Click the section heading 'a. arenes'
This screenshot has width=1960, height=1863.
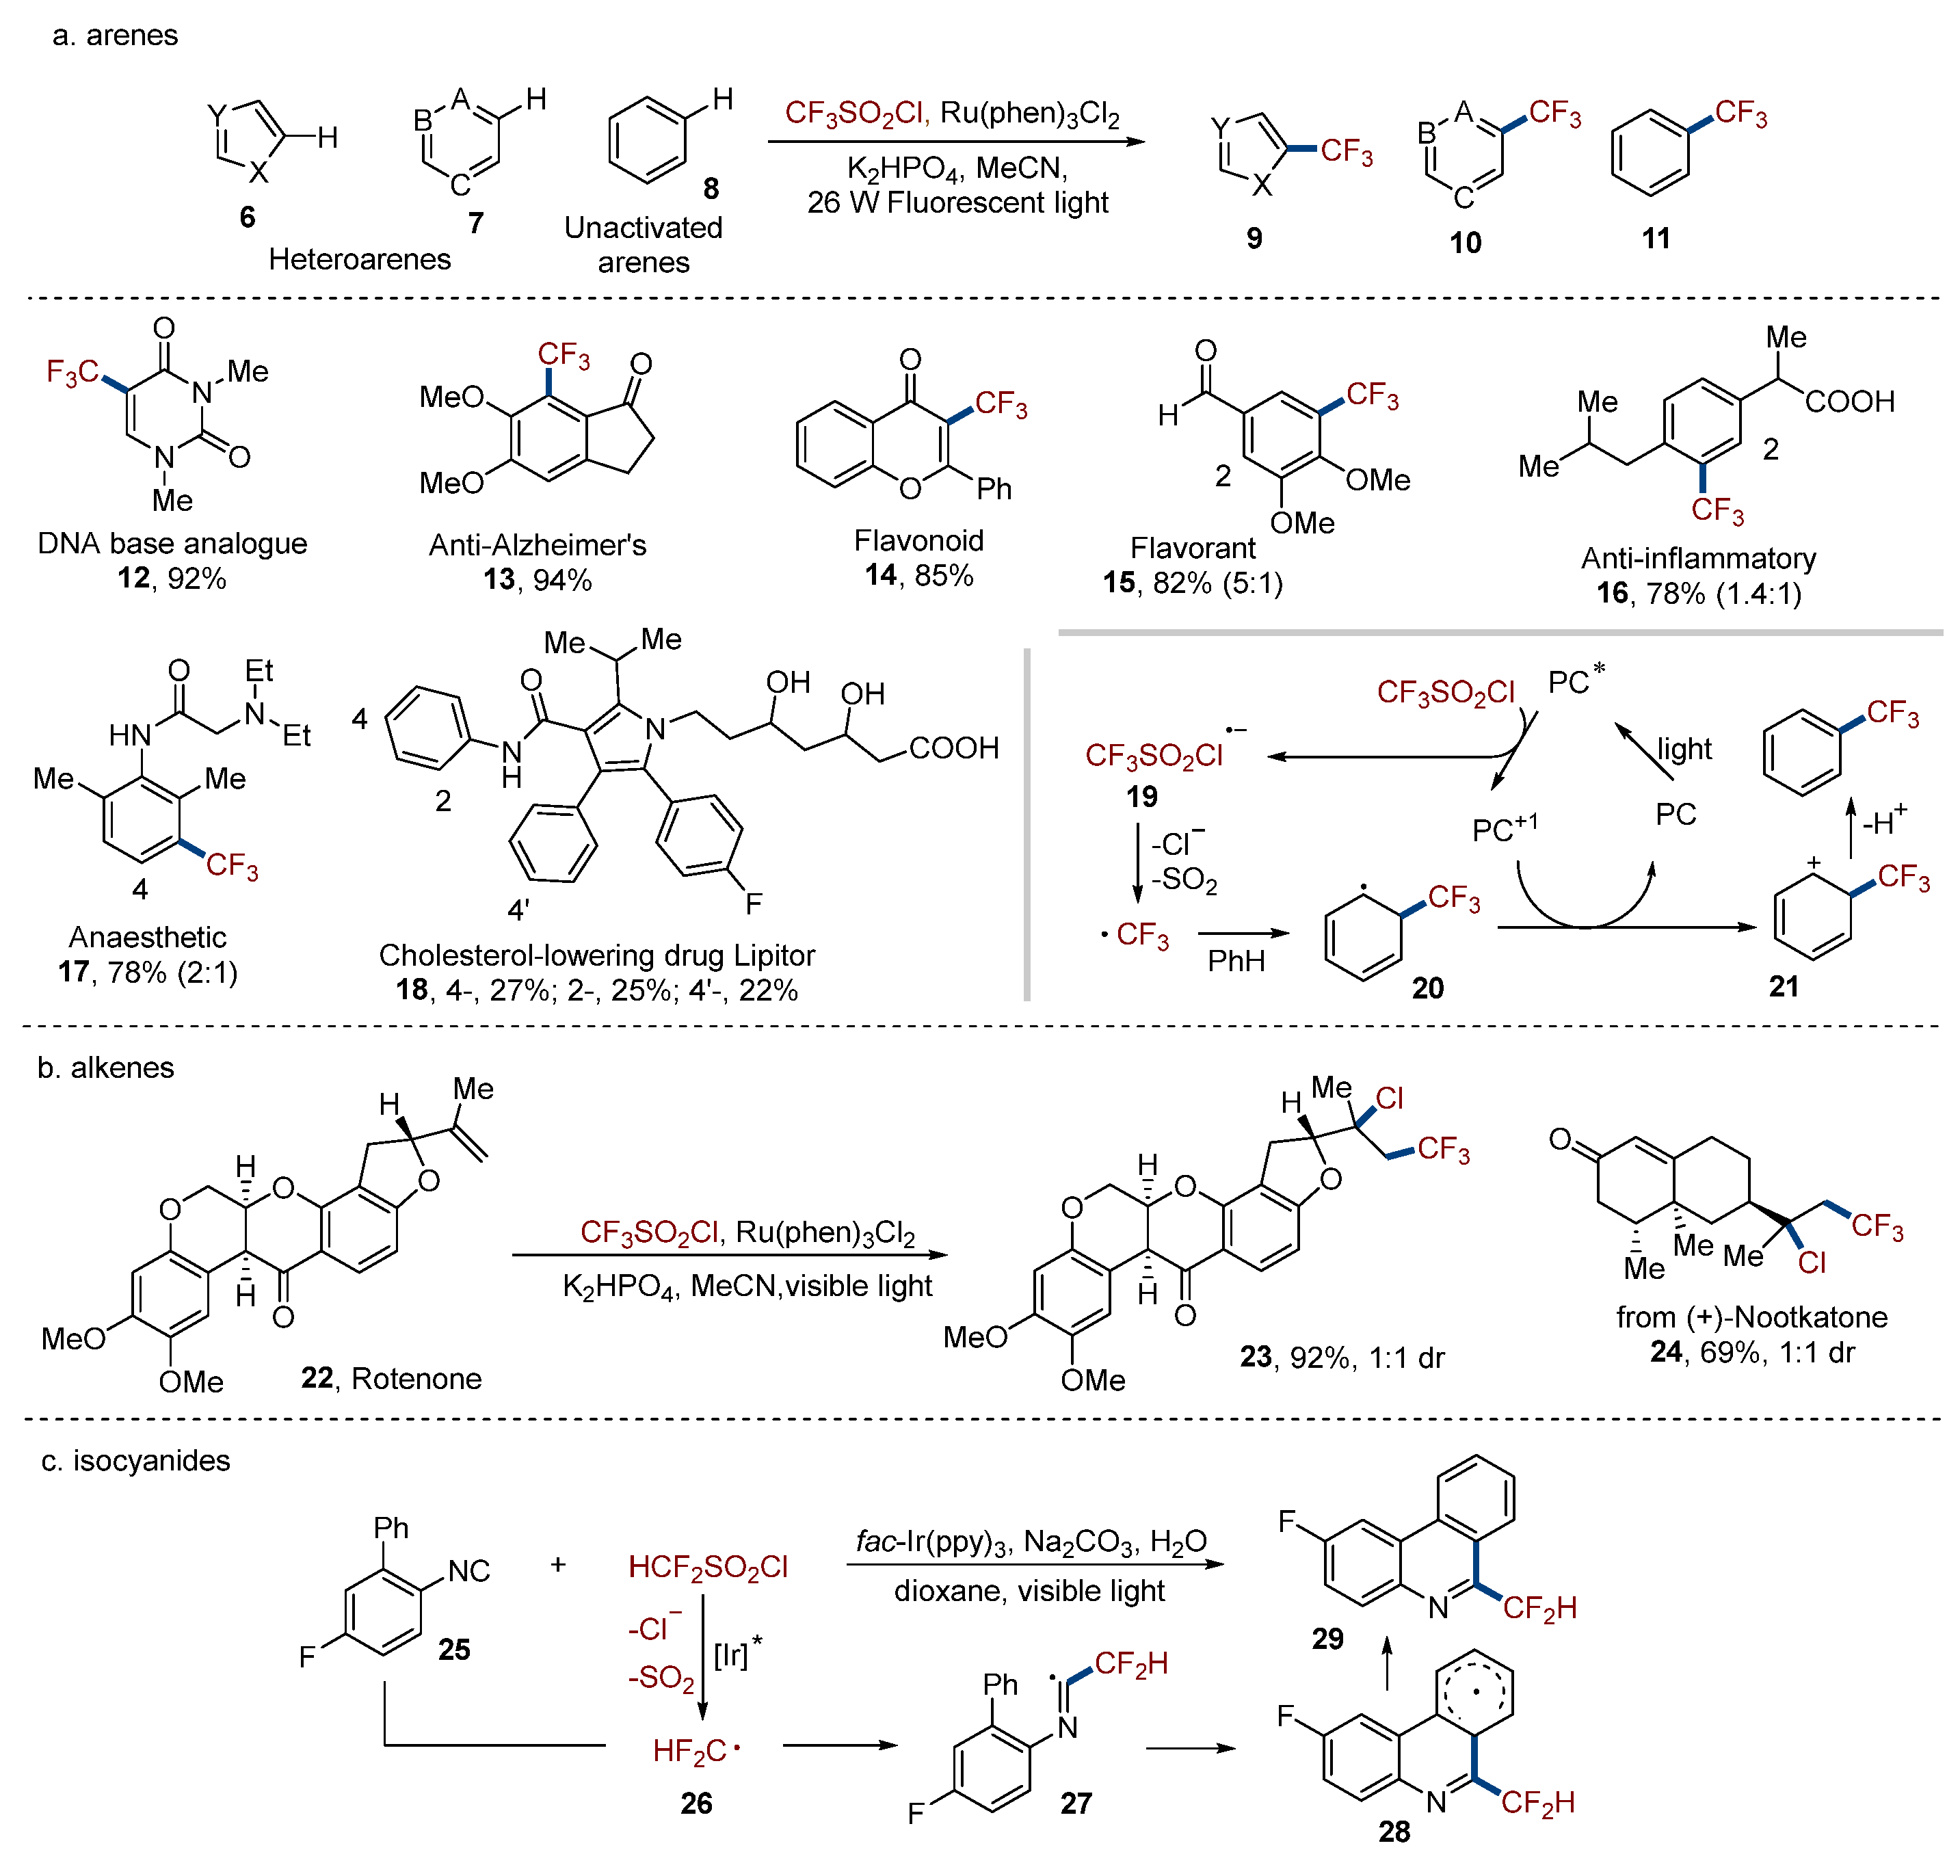pyautogui.click(x=114, y=36)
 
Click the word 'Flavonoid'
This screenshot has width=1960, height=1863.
pyautogui.click(x=918, y=540)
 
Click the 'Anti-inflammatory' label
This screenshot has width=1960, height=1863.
pyautogui.click(x=1698, y=558)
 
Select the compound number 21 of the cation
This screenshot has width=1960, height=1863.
pyautogui.click(x=1784, y=986)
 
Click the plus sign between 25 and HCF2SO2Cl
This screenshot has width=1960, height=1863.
pyautogui.click(x=558, y=1565)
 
